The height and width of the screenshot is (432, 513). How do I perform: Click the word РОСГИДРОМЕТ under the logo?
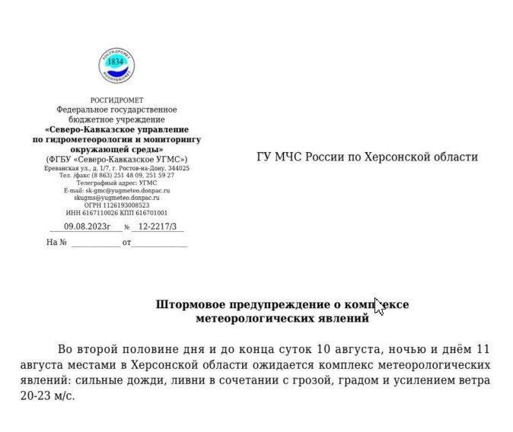pyautogui.click(x=116, y=100)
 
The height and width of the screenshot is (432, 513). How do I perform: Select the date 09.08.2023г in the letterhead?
pyautogui.click(x=87, y=227)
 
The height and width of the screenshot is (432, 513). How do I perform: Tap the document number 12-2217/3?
pyautogui.click(x=157, y=227)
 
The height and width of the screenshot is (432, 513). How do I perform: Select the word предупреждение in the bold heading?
pyautogui.click(x=274, y=304)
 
